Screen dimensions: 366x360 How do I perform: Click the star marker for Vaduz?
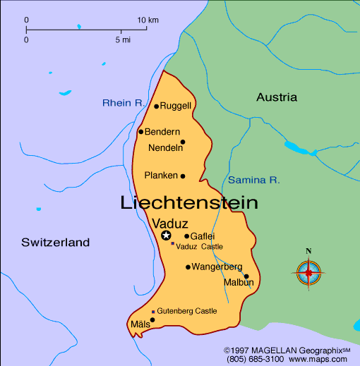tap(166, 236)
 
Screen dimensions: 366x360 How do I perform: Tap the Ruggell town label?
tap(176, 106)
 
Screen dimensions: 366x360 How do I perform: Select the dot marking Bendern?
tap(141, 131)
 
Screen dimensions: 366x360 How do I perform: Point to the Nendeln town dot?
tap(183, 142)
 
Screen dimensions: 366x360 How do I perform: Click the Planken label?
tap(160, 176)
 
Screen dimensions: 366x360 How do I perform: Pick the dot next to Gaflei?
tap(187, 236)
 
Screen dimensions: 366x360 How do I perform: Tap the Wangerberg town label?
tap(217, 267)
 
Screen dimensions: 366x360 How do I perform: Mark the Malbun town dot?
tap(246, 276)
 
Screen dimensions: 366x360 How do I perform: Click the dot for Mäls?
tap(152, 319)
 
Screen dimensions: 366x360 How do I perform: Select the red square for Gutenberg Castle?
tap(153, 311)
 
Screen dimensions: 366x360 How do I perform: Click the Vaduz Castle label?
tap(200, 246)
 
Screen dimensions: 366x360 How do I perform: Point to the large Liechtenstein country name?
tap(189, 203)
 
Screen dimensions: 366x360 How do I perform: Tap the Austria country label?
tap(277, 97)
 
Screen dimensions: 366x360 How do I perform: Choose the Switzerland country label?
tap(56, 243)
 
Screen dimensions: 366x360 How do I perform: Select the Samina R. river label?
tap(254, 180)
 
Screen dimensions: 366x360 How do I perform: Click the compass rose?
tap(308, 271)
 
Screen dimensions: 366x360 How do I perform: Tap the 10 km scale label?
tap(148, 19)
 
